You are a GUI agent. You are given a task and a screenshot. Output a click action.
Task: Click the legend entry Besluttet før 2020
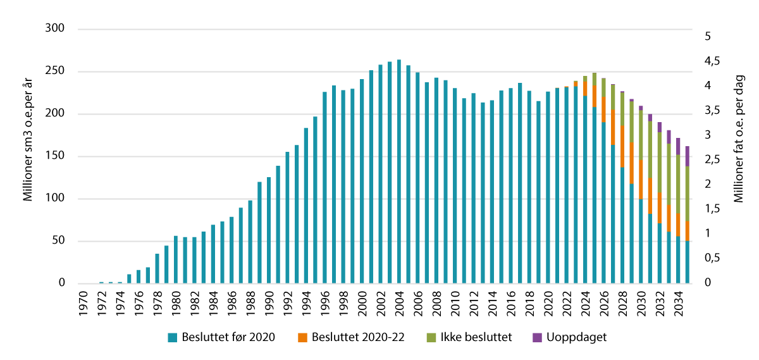click(x=221, y=337)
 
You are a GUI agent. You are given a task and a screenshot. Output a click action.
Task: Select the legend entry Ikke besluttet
click(x=467, y=337)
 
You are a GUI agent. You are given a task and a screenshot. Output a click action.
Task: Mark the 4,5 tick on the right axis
click(x=713, y=61)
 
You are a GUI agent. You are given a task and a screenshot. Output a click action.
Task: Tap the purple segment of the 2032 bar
click(x=660, y=127)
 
